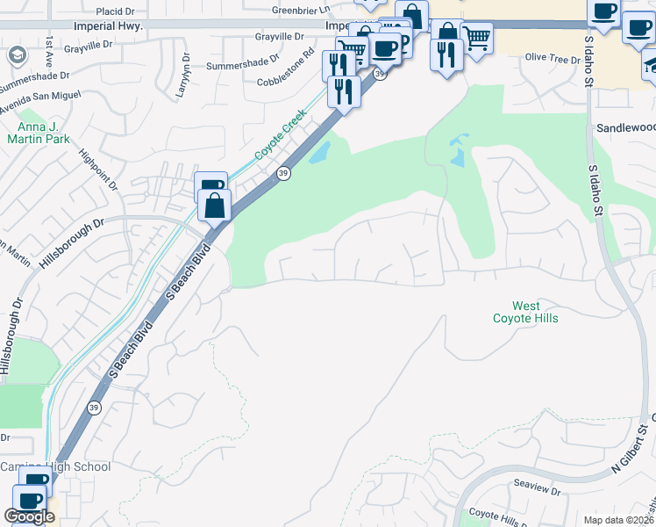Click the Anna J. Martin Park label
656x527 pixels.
38,132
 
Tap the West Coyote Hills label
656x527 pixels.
525,312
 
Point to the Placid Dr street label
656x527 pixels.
118,11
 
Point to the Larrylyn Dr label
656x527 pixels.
183,80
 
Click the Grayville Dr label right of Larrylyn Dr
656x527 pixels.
279,37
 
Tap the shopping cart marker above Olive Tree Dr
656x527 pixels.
476,37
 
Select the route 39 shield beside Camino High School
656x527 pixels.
94,408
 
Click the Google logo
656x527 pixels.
29,516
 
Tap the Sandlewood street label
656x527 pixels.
626,127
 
